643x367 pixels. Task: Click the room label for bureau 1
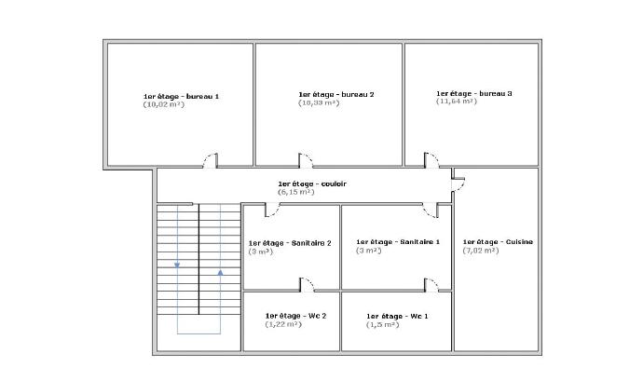[x=181, y=96]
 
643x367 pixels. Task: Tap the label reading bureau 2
[x=336, y=94]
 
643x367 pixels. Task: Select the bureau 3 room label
[x=474, y=93]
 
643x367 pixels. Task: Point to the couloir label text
[x=311, y=183]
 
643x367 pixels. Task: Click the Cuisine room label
[x=498, y=242]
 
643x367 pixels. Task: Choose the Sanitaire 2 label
[x=290, y=243]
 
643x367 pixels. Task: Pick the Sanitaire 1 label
[x=398, y=242]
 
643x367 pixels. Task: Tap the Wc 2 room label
[x=295, y=316]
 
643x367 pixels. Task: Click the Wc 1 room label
[x=398, y=317]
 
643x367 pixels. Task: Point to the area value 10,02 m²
[x=163, y=104]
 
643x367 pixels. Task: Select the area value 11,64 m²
[x=457, y=102]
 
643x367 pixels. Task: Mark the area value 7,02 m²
[x=481, y=251]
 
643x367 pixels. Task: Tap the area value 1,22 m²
[x=283, y=324]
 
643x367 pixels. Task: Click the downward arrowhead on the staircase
[x=177, y=264]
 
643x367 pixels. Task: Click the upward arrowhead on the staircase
[x=220, y=272]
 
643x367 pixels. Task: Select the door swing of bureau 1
[x=211, y=160]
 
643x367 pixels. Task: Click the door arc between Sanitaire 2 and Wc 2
[x=306, y=284]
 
